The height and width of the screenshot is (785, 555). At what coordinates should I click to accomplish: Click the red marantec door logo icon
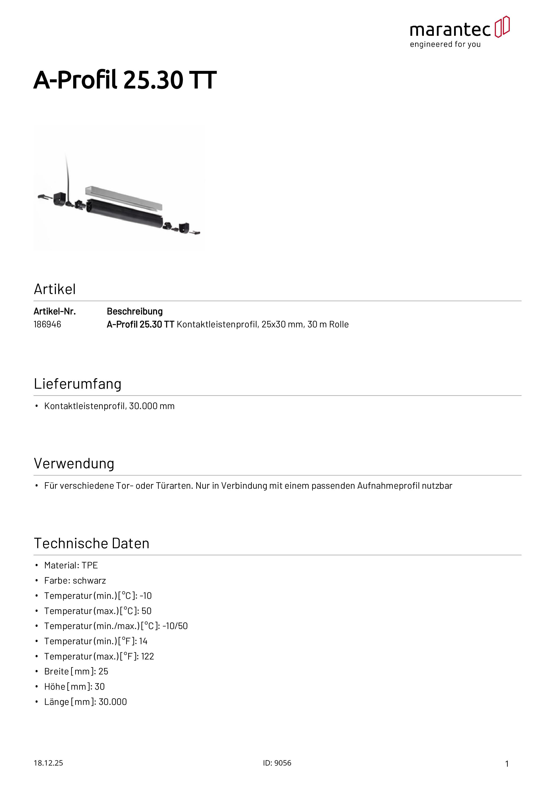(502, 27)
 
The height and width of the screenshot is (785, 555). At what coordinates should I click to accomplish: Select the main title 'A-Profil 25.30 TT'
(125, 80)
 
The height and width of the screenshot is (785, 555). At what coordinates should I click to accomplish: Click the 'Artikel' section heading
(55, 289)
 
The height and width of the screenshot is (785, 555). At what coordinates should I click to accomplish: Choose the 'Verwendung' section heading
(74, 464)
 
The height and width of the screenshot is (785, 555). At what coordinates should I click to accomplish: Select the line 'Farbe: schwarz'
(75, 580)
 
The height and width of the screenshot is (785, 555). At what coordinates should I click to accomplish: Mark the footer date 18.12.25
(48, 763)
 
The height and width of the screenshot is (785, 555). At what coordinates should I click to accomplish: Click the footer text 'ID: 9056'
(277, 763)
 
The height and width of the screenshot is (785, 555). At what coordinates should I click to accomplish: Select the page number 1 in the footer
(507, 764)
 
